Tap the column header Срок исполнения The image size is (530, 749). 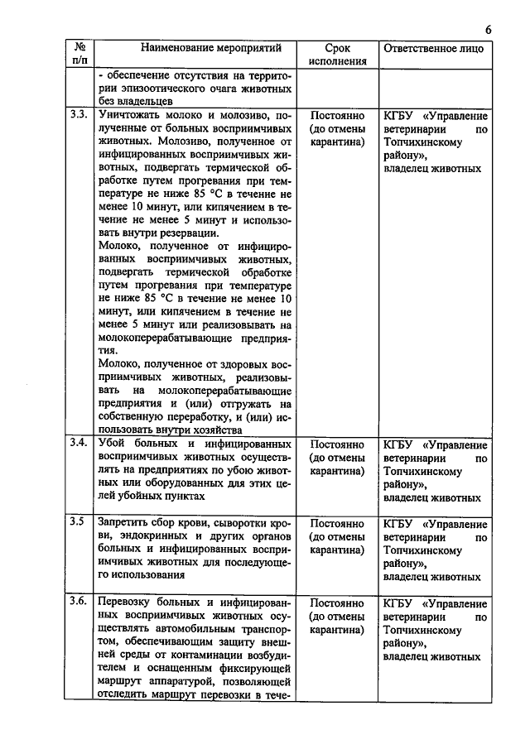[338, 55]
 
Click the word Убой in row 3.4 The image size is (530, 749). [112, 443]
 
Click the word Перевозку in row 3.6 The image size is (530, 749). [127, 602]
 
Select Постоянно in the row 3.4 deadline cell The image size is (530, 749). [337, 443]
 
